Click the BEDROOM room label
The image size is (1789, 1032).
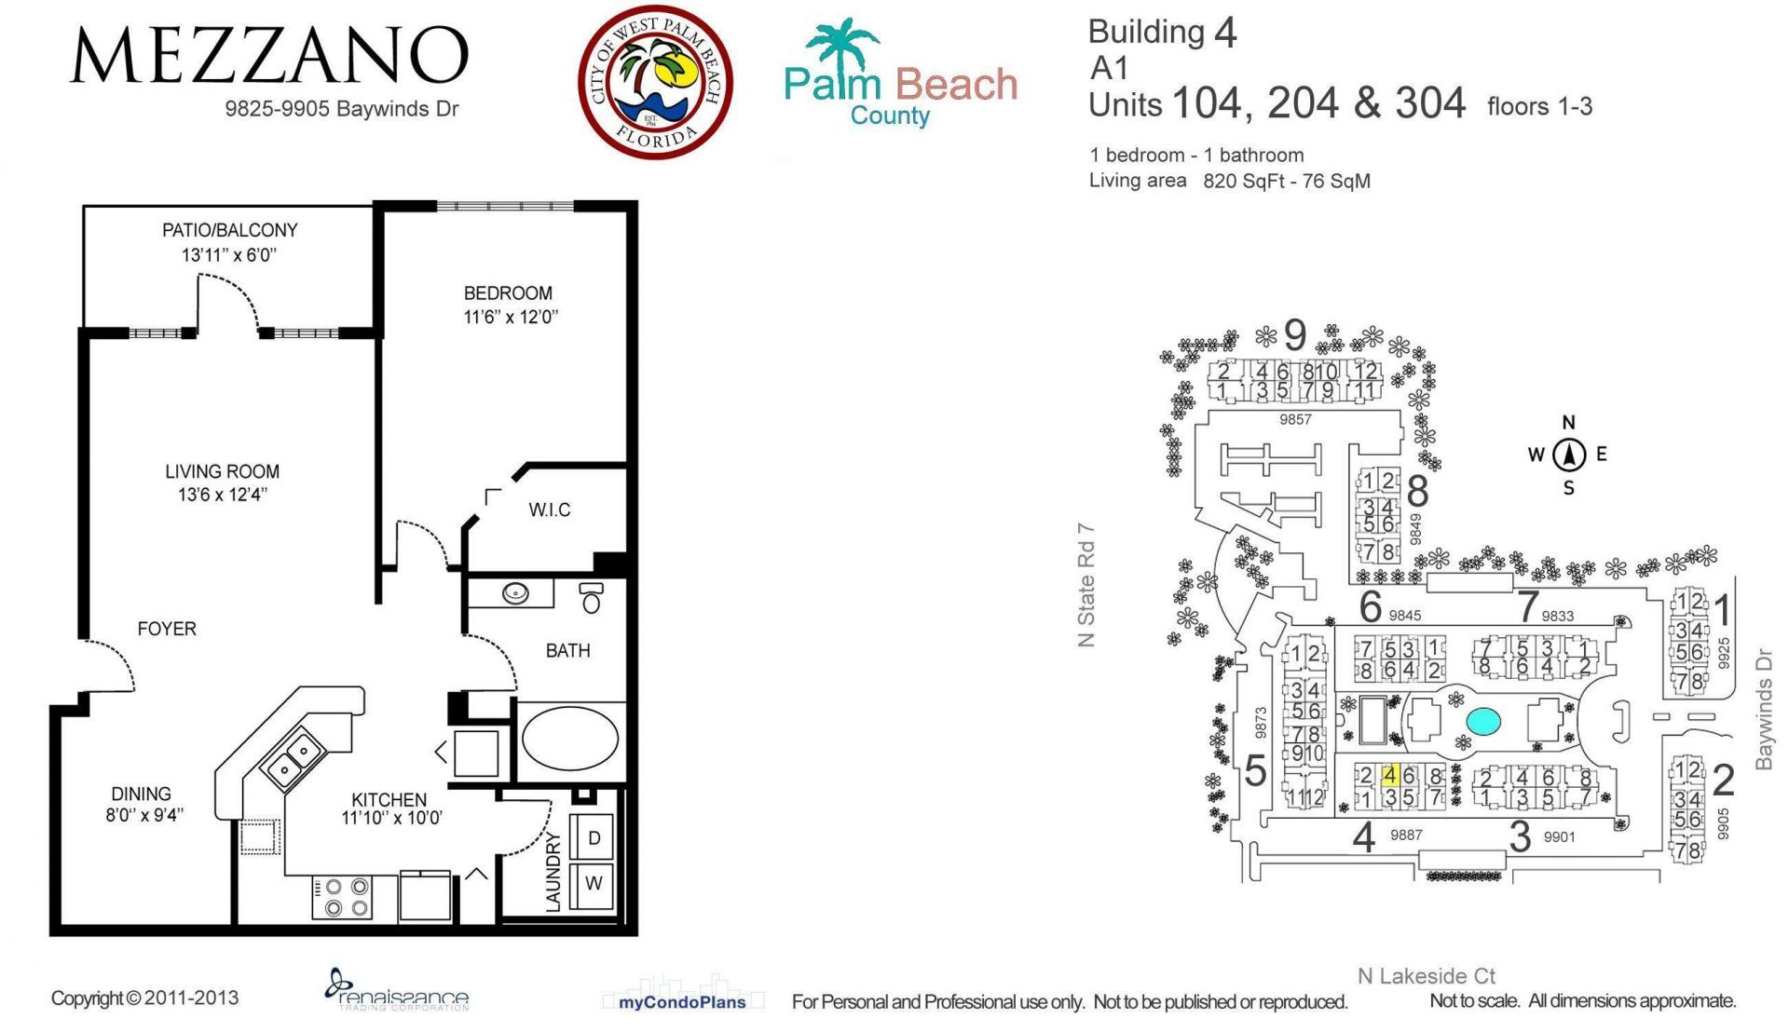coord(508,293)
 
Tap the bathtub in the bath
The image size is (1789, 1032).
coord(569,739)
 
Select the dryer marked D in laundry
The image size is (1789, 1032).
coord(594,838)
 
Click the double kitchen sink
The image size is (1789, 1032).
coord(293,759)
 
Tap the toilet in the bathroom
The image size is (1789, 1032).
coord(591,598)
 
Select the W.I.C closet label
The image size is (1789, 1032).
coord(549,510)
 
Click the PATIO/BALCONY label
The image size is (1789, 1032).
coord(229,230)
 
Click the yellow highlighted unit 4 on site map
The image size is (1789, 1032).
coord(1389,775)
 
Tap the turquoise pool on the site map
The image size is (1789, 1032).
coord(1482,720)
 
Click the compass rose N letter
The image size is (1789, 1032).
coord(1568,423)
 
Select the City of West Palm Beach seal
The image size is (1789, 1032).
coord(655,82)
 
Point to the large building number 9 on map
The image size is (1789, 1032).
coord(1294,335)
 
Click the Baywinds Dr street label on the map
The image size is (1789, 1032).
coord(1763,710)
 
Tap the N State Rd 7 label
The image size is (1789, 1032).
coord(1086,585)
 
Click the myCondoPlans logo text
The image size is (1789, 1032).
coord(682,1003)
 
